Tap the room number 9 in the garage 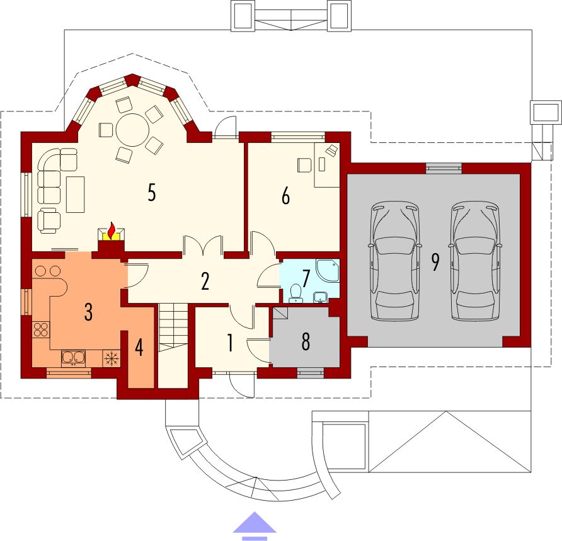[435, 262]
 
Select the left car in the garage [394, 261]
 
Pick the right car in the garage [475, 261]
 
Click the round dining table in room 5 [132, 130]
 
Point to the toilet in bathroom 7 [295, 293]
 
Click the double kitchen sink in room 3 [73, 358]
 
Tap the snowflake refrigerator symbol [111, 358]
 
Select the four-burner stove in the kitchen [40, 329]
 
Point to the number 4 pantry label [139, 347]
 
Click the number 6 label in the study [285, 196]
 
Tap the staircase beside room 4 [173, 345]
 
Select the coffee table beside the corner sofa [75, 194]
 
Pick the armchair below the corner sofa [49, 220]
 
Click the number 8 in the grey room [306, 342]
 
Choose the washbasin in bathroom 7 [320, 297]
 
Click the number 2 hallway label [205, 282]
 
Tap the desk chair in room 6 [304, 165]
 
